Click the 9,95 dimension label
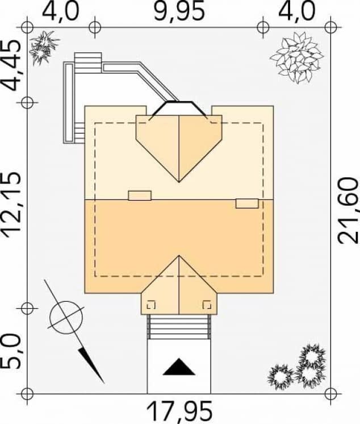[x=178, y=11]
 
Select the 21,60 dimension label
[x=349, y=210]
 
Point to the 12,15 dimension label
[x=11, y=205]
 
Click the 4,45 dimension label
[x=11, y=65]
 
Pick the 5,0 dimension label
[x=11, y=351]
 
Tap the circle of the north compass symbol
[x=66, y=317]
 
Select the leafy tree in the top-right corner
[x=297, y=57]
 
